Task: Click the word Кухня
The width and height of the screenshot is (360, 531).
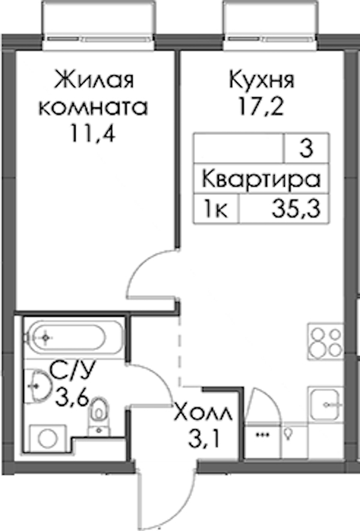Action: tap(262, 80)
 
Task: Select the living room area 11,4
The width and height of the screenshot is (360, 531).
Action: tap(93, 133)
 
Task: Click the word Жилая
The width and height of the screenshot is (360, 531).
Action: tap(94, 80)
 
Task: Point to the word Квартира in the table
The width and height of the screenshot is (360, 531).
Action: tap(261, 180)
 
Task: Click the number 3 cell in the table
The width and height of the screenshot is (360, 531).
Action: tap(306, 149)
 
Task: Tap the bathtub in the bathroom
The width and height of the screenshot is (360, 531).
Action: tap(72, 337)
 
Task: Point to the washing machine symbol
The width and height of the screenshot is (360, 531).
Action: tap(48, 438)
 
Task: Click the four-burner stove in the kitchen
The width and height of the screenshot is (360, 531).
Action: tap(325, 341)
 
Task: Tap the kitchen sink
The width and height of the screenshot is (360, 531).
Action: tap(325, 404)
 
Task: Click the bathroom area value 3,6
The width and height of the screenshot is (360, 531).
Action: tap(73, 397)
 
